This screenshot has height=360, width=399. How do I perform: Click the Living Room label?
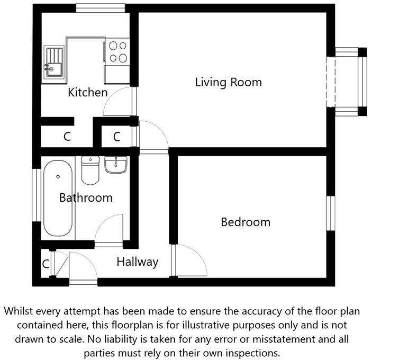(228, 83)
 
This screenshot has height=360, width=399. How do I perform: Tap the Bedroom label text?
(245, 222)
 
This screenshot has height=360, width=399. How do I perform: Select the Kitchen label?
(87, 93)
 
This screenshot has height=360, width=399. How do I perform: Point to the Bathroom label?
(86, 198)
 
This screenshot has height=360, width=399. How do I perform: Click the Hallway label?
(137, 262)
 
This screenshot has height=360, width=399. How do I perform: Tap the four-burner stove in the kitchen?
(117, 51)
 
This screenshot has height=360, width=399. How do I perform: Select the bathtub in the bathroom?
(58, 198)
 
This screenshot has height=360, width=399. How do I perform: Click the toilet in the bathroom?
(90, 169)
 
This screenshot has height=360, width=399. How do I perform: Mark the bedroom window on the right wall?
(330, 213)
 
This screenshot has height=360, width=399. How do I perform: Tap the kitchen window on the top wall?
(100, 8)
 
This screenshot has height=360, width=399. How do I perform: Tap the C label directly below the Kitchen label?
(67, 137)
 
